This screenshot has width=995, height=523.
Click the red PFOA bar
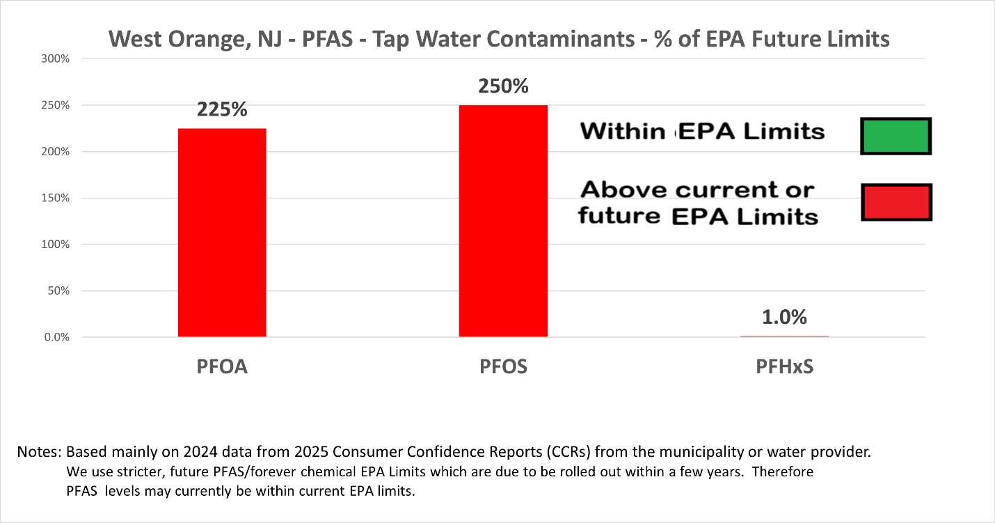[x=222, y=233]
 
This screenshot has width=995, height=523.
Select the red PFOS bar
[x=503, y=221]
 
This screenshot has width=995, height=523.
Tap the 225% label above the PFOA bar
[x=222, y=110]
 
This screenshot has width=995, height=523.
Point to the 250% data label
[x=503, y=86]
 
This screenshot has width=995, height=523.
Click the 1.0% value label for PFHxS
[x=784, y=317]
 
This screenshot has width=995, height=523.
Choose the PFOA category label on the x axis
[x=222, y=367]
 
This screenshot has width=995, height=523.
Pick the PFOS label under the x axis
[x=503, y=367]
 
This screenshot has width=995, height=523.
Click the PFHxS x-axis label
[x=784, y=367]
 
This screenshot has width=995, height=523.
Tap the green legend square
[x=895, y=136]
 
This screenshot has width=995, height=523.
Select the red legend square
[x=895, y=203]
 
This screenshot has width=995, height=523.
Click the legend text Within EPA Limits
[x=702, y=131]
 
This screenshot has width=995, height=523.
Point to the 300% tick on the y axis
[x=54, y=58]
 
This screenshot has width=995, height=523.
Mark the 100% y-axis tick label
[x=54, y=244]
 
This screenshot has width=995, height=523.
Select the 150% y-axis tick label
[x=54, y=198]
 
